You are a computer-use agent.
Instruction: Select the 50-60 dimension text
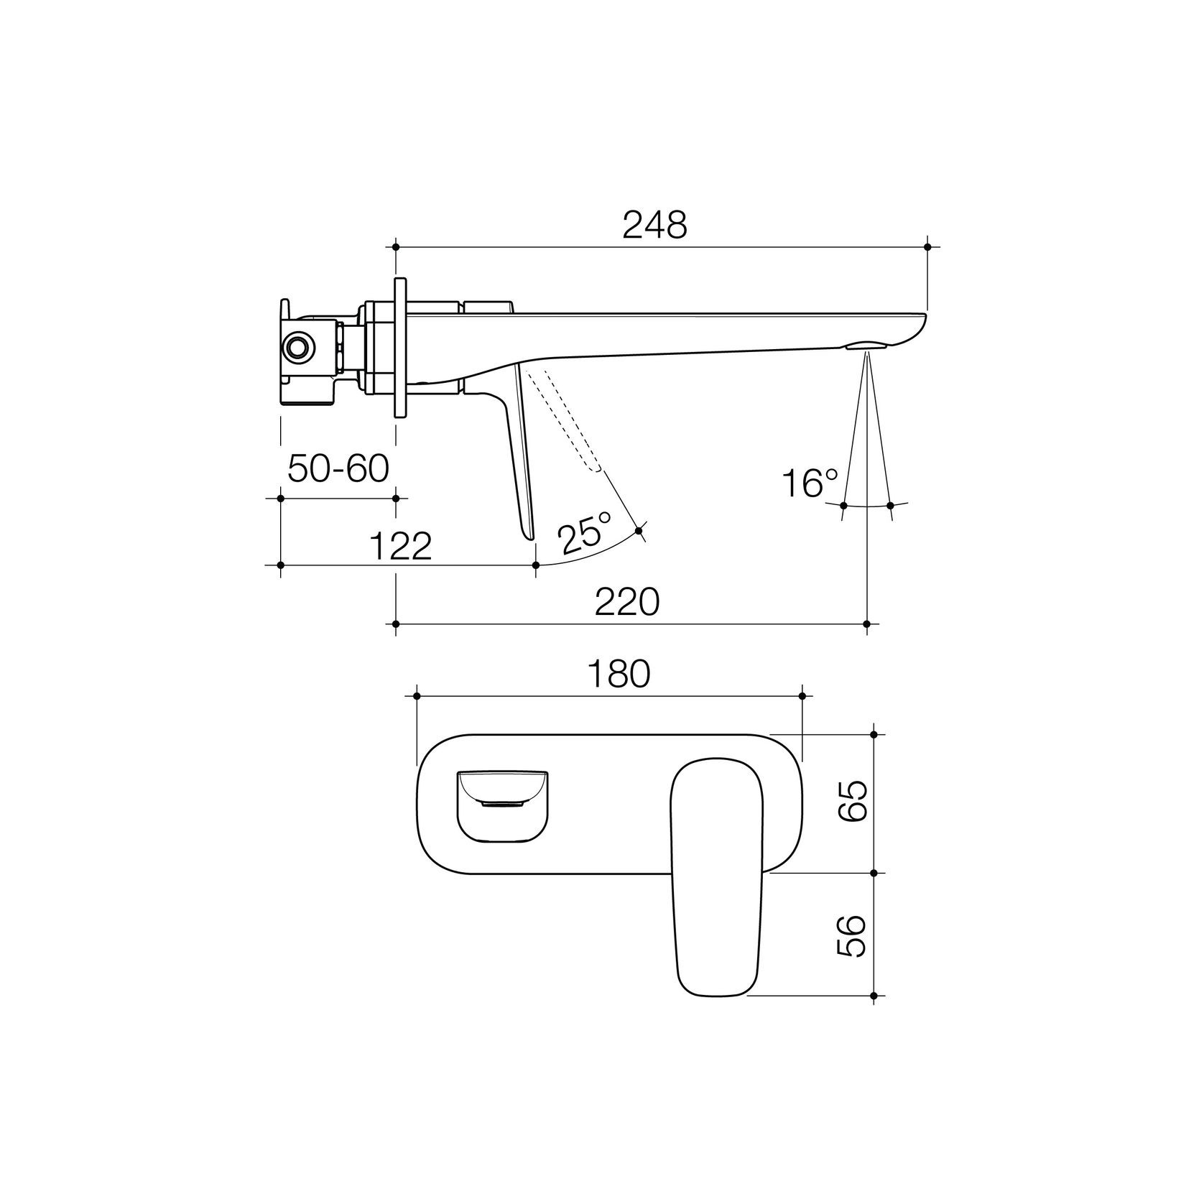click(338, 469)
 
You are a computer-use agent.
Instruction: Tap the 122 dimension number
click(401, 547)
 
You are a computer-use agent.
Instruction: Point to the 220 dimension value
click(626, 602)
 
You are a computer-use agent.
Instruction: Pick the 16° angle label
click(810, 483)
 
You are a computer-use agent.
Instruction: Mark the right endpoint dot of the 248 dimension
click(927, 246)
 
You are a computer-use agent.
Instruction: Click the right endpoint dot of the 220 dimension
click(867, 624)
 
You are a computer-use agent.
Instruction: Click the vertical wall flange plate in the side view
click(400, 347)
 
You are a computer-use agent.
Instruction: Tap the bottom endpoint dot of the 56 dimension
click(874, 996)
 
